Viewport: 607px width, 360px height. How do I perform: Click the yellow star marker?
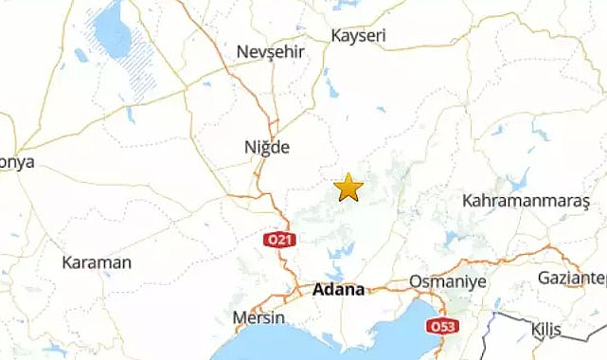[349, 187]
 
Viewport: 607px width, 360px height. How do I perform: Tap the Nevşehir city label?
[271, 51]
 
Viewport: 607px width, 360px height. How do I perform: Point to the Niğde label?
[267, 147]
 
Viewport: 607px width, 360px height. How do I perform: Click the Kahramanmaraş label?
[526, 201]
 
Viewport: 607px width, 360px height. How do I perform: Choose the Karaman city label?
[97, 262]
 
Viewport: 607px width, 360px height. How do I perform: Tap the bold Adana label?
[338, 290]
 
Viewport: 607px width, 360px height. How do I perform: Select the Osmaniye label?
[447, 282]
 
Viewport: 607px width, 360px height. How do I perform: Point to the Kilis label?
[546, 329]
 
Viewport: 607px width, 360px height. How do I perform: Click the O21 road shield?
[277, 241]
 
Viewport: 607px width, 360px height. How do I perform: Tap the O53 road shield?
[441, 326]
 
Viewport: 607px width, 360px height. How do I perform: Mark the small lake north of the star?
[333, 90]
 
